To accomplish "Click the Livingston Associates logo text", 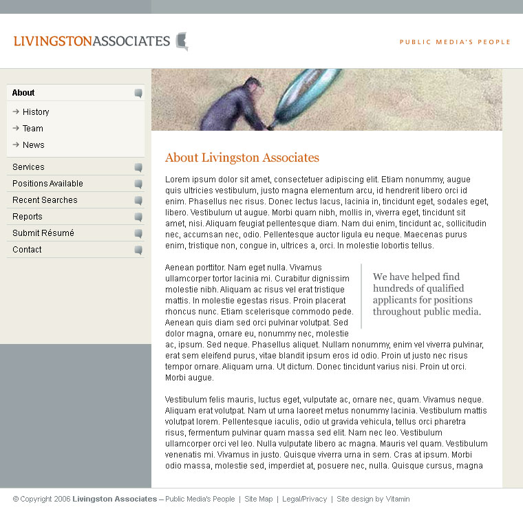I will (92, 41).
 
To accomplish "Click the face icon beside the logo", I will (182, 41).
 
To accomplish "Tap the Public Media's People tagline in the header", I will (455, 42).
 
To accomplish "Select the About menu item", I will (23, 93).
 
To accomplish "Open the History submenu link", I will (36, 112).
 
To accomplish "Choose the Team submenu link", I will (33, 129).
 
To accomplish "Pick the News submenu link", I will (33, 145).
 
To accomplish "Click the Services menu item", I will (28, 167).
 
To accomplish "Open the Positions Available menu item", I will (47, 184).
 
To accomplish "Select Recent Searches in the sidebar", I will (45, 200).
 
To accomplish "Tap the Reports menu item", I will (28, 217).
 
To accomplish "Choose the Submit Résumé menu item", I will (43, 233).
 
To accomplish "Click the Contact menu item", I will (27, 250).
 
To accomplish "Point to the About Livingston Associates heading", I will (242, 158).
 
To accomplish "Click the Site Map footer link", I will (259, 499).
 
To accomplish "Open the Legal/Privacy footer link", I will (304, 499).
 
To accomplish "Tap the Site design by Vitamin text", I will (373, 499).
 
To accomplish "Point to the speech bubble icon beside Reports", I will (138, 217).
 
